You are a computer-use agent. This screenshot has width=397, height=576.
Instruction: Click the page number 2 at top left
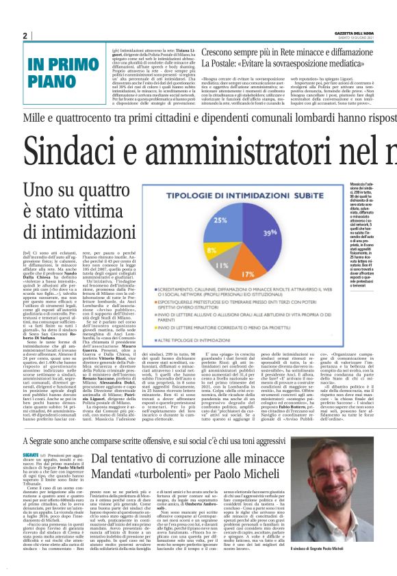pos(25,36)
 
